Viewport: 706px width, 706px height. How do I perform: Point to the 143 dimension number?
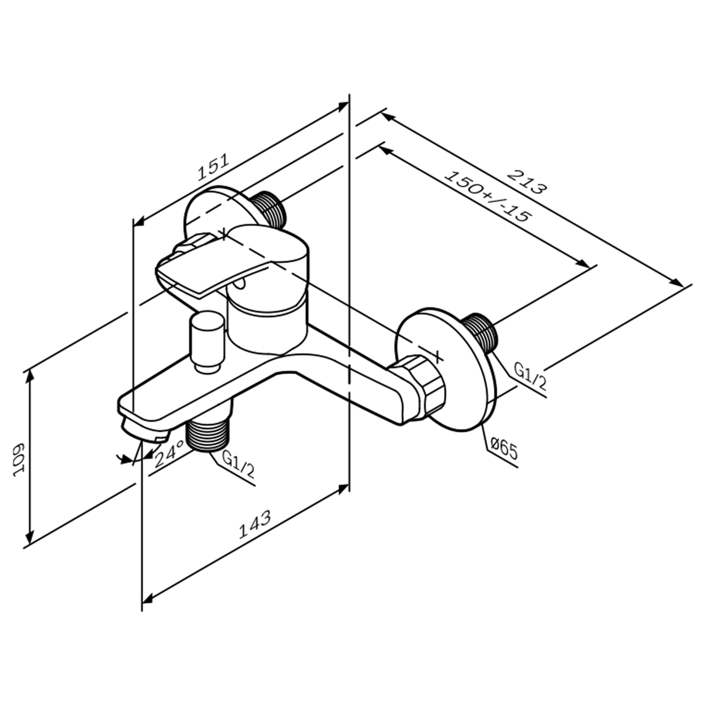pos(256,524)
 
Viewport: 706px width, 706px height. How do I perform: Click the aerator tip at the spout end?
pos(141,430)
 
